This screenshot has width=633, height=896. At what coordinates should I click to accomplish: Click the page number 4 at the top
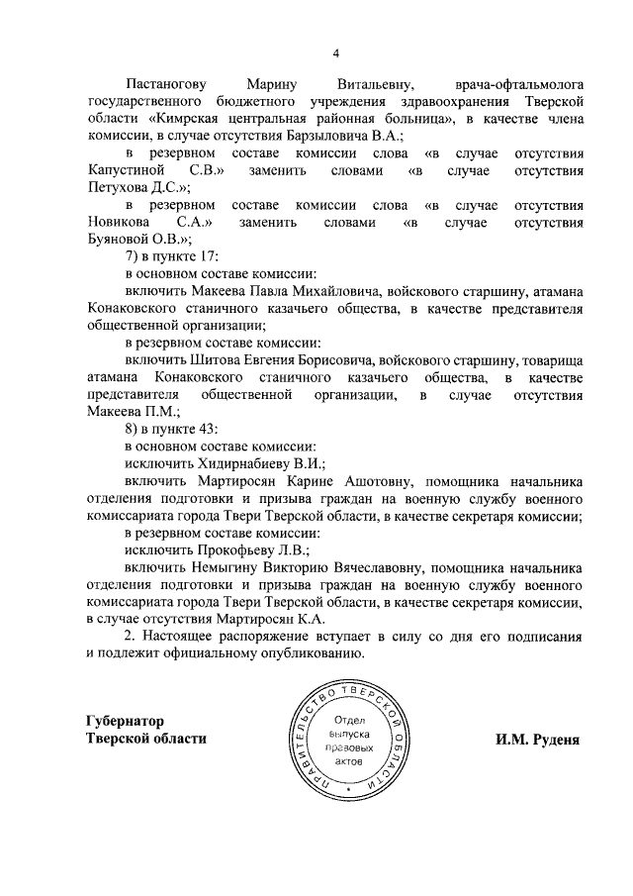tap(335, 52)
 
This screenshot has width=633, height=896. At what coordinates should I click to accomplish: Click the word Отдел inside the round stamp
tap(350, 720)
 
